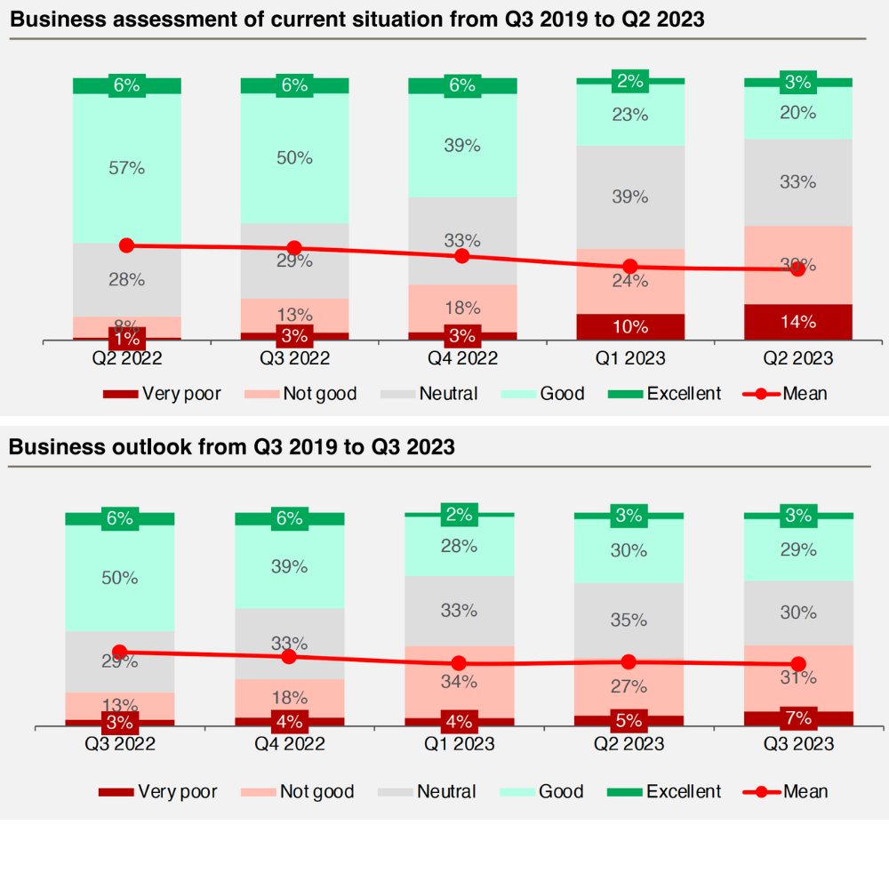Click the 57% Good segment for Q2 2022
[x=127, y=168]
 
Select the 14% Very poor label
[x=797, y=323]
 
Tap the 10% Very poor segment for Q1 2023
[x=630, y=326]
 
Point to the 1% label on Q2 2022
[x=127, y=339]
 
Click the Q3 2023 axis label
[x=797, y=744]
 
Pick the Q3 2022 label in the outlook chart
[x=120, y=744]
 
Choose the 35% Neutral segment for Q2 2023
[x=629, y=620]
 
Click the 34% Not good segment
[x=459, y=682]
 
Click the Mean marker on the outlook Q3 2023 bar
[x=798, y=664]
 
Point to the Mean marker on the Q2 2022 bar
[x=126, y=245]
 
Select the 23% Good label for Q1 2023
[x=630, y=115]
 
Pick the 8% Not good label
[x=127, y=325]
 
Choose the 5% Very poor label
[x=629, y=718]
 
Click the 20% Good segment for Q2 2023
[x=797, y=113]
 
